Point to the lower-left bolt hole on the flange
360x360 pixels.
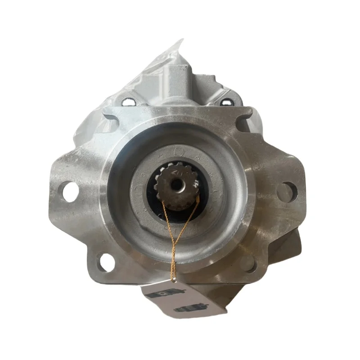coord(105,261)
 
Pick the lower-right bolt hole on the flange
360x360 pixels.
coord(249,263)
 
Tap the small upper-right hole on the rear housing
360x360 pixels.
coord(225,103)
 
